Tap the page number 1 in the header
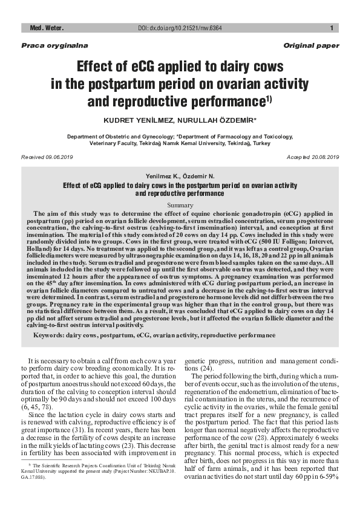332,28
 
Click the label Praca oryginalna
46,46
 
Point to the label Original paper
311,46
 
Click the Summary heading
180,206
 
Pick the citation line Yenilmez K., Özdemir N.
180,175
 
